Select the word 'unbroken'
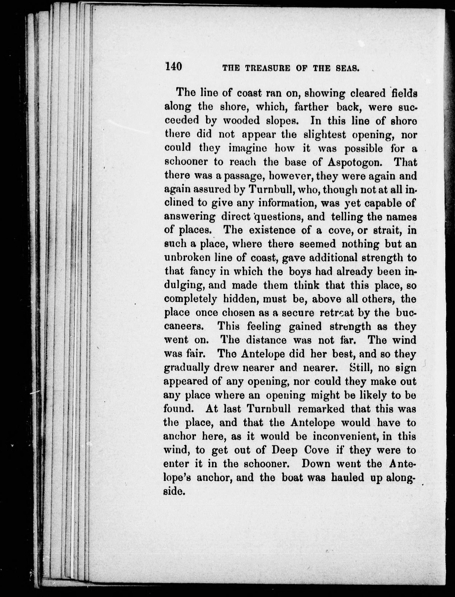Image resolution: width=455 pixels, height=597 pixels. pyautogui.click(x=187, y=258)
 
